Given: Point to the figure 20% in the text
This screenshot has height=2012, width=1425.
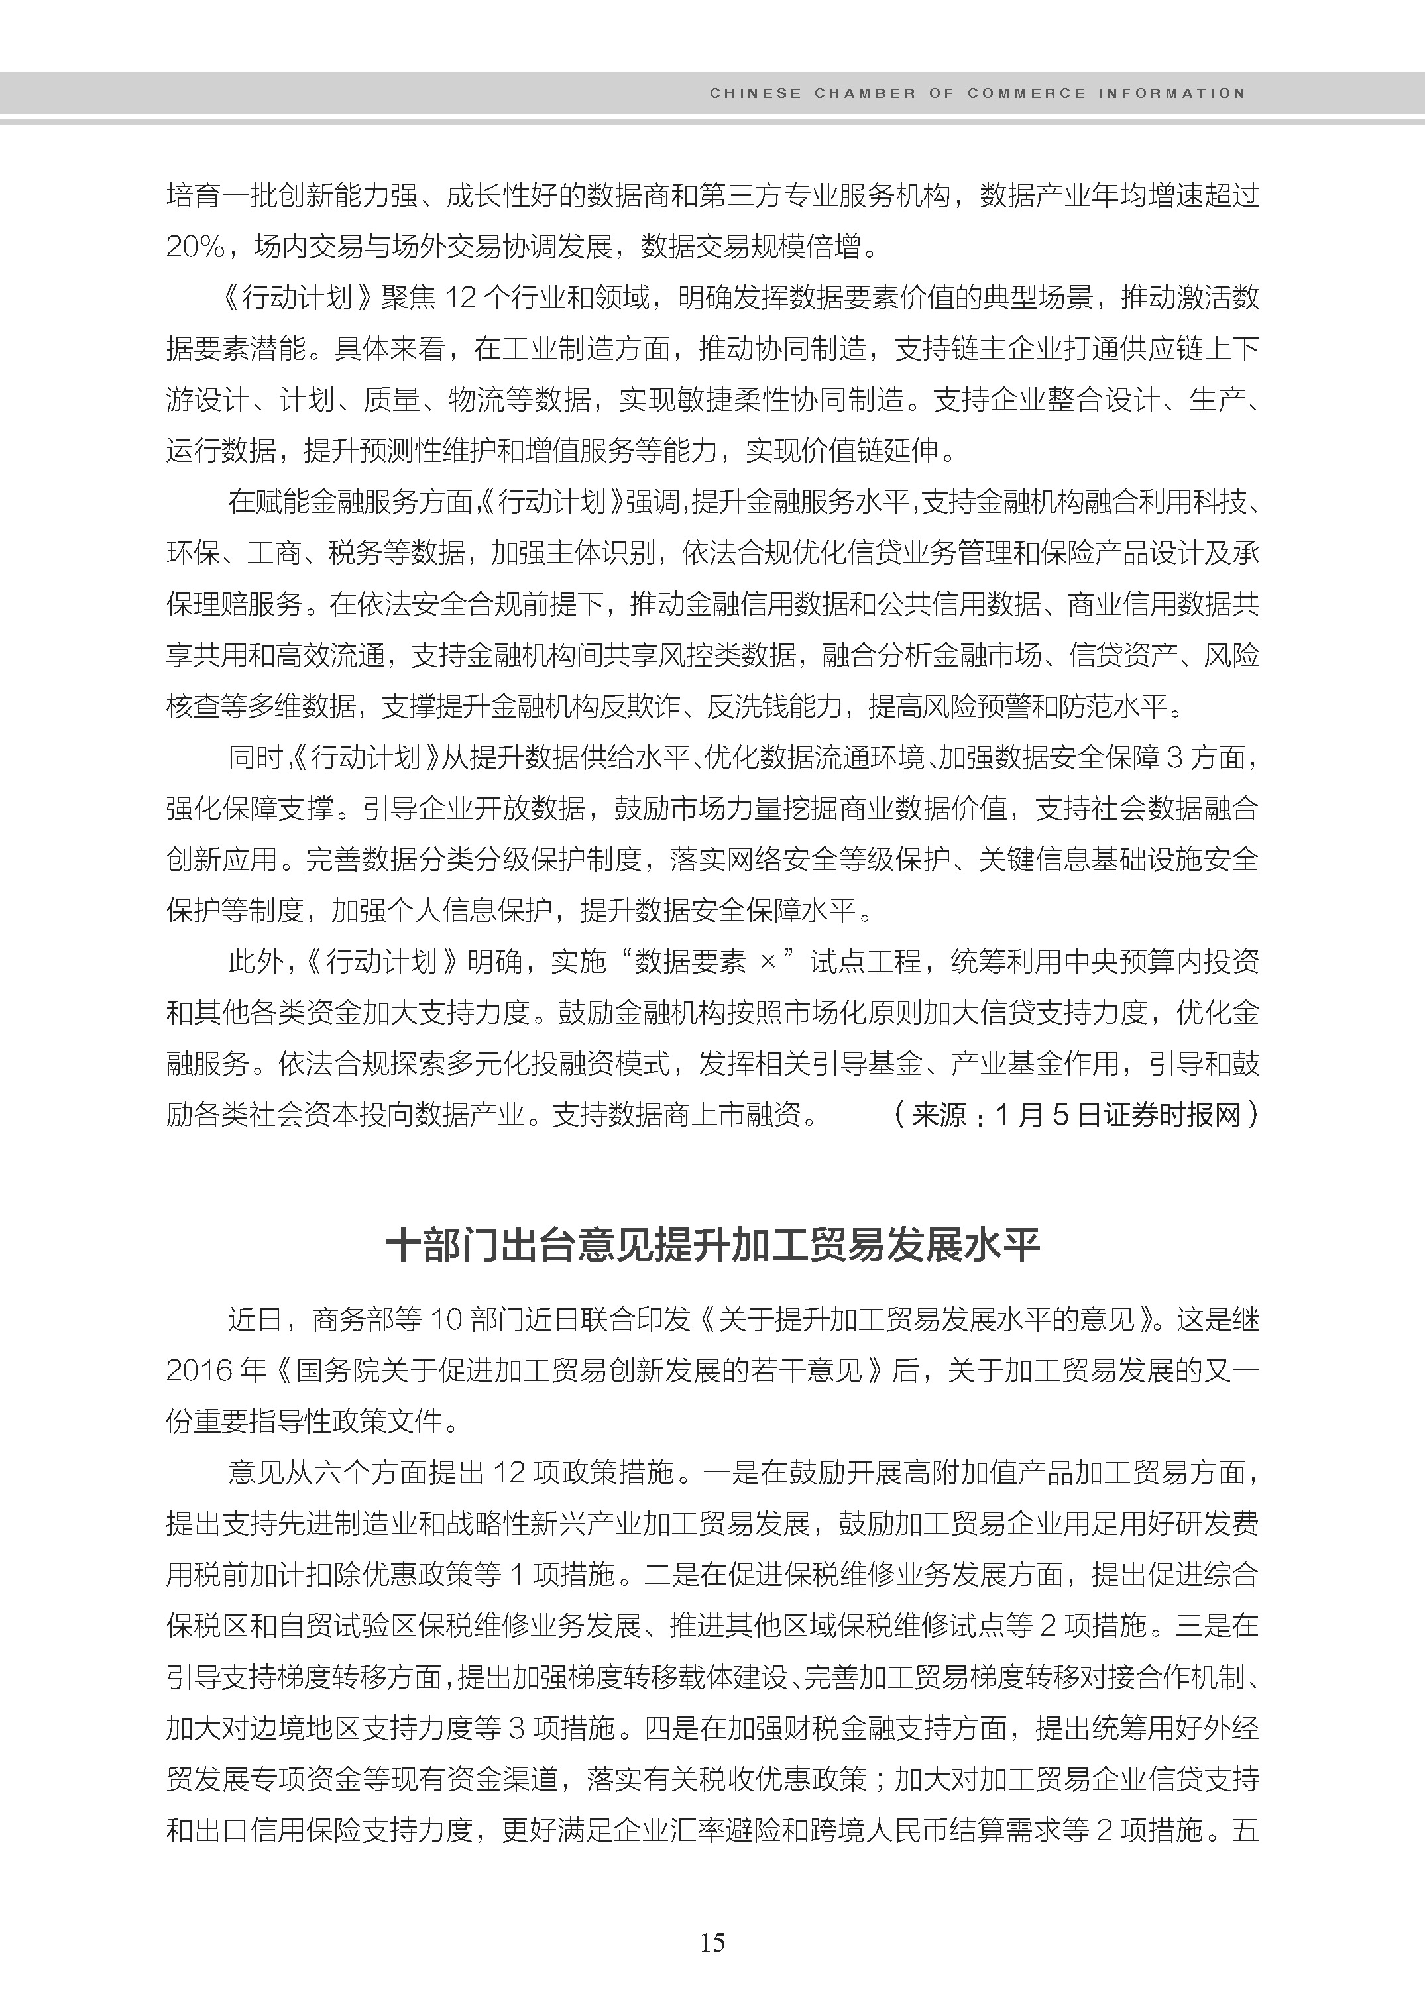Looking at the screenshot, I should click(x=195, y=247).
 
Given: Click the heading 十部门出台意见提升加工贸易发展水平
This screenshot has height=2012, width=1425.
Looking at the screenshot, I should click(x=712, y=1246).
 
